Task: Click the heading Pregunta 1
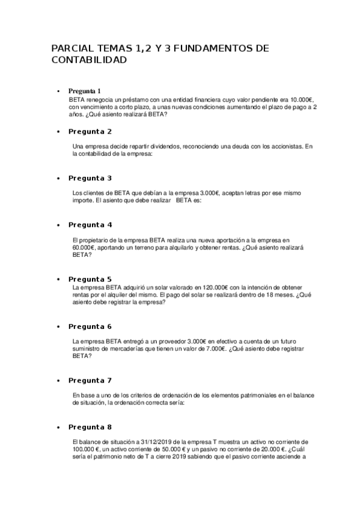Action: pos(89,91)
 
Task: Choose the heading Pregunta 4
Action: pos(90,224)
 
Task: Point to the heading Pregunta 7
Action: pos(90,380)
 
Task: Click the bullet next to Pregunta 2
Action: pos(58,131)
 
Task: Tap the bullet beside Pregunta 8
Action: pos(58,427)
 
